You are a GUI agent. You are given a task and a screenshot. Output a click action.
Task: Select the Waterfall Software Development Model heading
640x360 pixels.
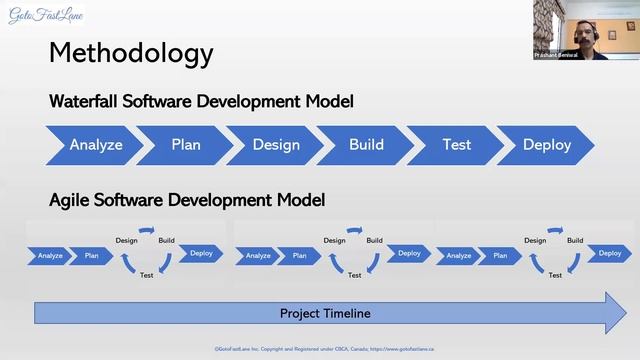click(x=201, y=102)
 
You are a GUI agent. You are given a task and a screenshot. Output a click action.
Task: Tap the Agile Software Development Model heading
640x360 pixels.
click(x=187, y=200)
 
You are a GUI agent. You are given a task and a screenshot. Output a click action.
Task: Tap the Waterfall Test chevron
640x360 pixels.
click(x=456, y=145)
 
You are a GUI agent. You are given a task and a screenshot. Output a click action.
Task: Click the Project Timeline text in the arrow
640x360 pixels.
click(x=325, y=313)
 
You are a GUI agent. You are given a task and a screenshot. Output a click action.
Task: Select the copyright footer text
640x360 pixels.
click(x=330, y=349)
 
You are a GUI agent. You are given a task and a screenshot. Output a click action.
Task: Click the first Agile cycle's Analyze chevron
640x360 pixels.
click(x=50, y=256)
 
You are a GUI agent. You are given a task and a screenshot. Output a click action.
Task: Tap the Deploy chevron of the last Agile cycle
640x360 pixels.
click(x=609, y=253)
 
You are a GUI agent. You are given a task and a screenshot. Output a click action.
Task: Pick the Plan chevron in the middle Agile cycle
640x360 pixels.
click(x=299, y=256)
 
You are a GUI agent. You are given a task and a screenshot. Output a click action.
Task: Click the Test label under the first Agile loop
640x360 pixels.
click(x=147, y=275)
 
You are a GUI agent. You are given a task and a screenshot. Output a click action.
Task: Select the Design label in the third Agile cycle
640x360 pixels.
click(x=535, y=240)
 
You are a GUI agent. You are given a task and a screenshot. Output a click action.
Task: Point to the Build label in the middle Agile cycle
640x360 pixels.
click(x=374, y=240)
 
